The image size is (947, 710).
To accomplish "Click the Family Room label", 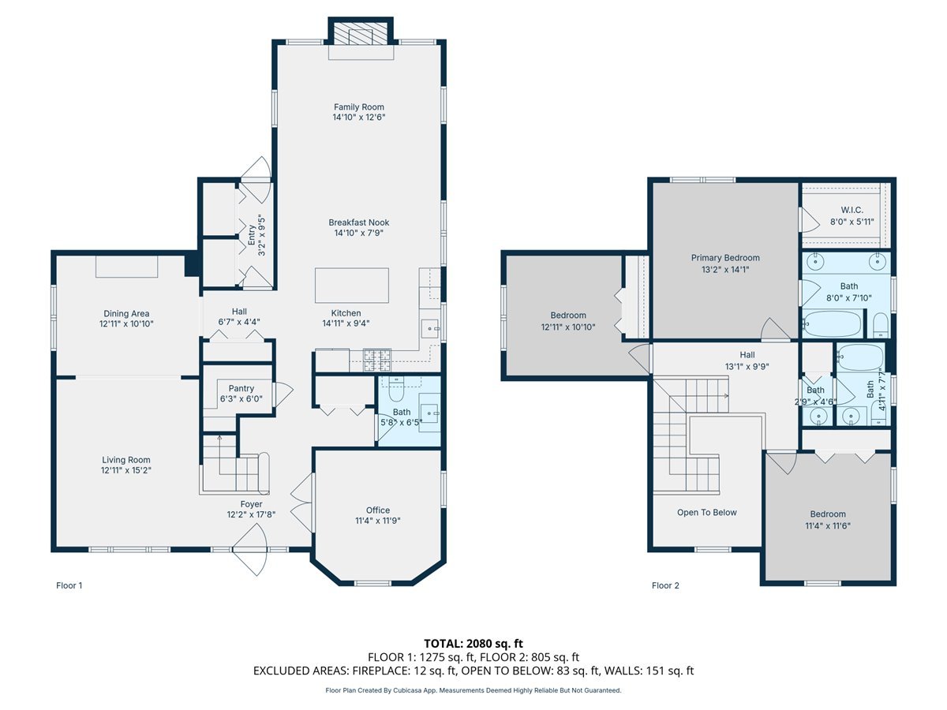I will tap(359, 107).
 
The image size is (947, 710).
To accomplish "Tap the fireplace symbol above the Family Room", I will tap(360, 34).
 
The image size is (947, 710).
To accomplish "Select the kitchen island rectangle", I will tap(351, 285).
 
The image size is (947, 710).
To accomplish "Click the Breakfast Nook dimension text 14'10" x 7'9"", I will tap(359, 233).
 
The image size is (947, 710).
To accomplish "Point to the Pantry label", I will tap(241, 388).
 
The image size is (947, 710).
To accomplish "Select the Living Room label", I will tap(125, 460).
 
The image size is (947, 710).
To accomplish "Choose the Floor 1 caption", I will tap(69, 585).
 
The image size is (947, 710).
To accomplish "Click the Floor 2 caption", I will tap(664, 585).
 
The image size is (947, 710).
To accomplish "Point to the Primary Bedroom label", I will tap(725, 258).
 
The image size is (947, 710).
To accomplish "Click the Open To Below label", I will tap(706, 513).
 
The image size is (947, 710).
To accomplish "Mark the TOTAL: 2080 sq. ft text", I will tap(473, 644).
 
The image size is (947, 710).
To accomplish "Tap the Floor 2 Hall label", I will tap(747, 354).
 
